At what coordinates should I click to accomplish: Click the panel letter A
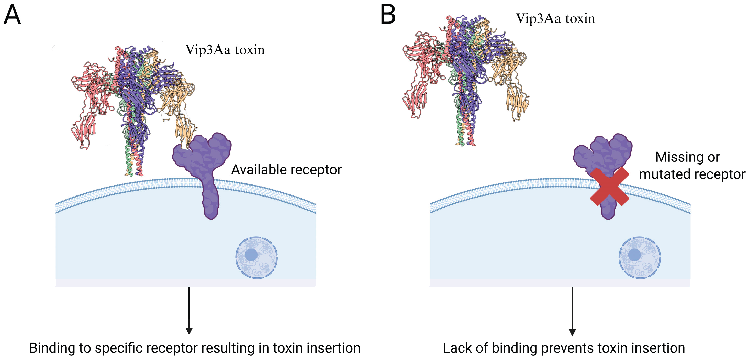pos(12,15)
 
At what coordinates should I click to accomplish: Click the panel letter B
pos(388,15)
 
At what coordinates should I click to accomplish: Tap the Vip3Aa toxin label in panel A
pos(225,50)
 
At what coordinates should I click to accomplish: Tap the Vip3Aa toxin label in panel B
pos(555,19)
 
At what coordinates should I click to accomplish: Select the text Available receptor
pos(286,170)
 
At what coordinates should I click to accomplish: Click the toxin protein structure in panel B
pos(465,73)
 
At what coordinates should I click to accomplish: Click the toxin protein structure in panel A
pos(133,96)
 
